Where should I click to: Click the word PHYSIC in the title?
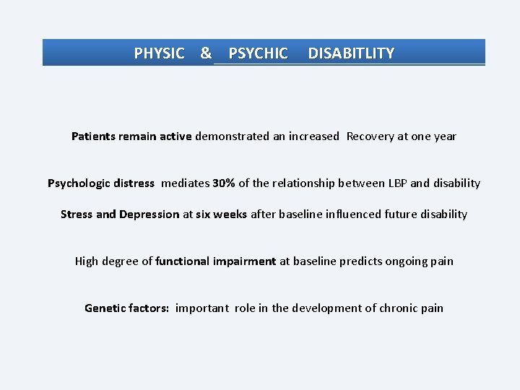point(159,53)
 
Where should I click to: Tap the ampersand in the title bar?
point(206,53)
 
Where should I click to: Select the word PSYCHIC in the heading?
point(258,53)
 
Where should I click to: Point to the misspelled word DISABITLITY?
point(351,53)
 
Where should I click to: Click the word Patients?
point(95,136)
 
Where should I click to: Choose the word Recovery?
point(370,136)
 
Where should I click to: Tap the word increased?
point(313,136)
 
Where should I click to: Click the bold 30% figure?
point(224,183)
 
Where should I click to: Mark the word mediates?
point(185,183)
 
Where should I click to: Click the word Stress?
point(77,214)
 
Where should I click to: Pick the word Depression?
point(149,214)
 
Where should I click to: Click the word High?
point(87,261)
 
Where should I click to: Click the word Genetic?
point(105,308)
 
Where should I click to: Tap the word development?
point(326,308)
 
